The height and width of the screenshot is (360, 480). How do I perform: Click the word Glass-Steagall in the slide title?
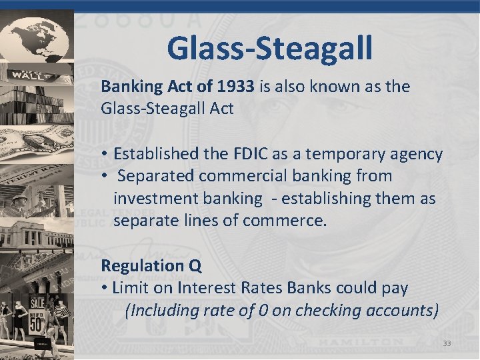pos(270,47)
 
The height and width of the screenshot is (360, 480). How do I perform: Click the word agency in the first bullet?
pos(418,154)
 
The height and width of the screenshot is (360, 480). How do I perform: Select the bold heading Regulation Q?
pos(151,265)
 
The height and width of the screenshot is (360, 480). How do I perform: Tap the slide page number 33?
pos(447,343)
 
